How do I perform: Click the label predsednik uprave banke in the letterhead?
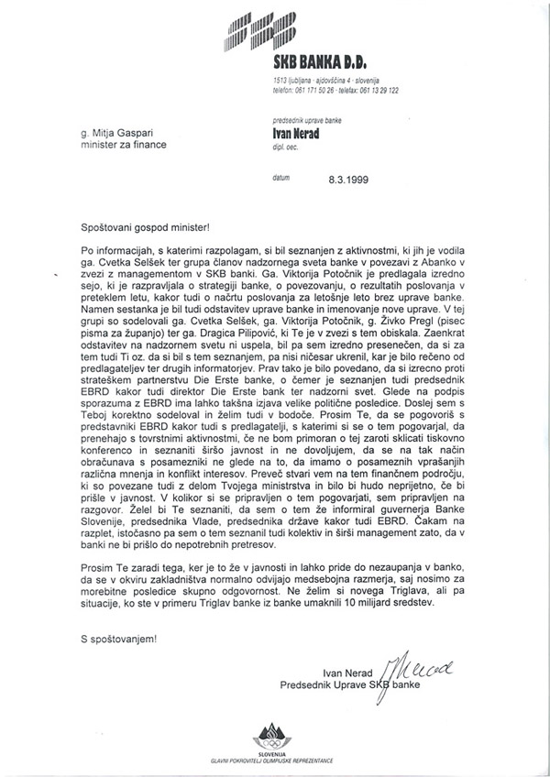coord(310,120)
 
